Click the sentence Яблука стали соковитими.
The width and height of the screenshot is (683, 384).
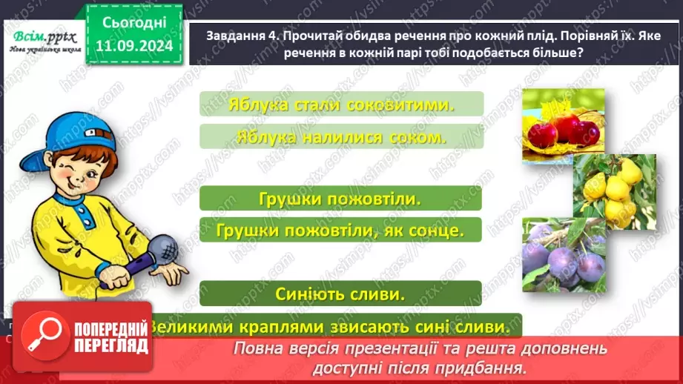[x=341, y=104]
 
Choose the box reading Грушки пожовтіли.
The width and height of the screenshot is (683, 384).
[x=340, y=199]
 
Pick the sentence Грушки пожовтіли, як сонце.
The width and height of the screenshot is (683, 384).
[x=340, y=231]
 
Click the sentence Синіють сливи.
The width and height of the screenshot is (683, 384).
[x=340, y=294]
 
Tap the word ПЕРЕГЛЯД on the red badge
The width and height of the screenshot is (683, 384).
[x=111, y=346]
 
